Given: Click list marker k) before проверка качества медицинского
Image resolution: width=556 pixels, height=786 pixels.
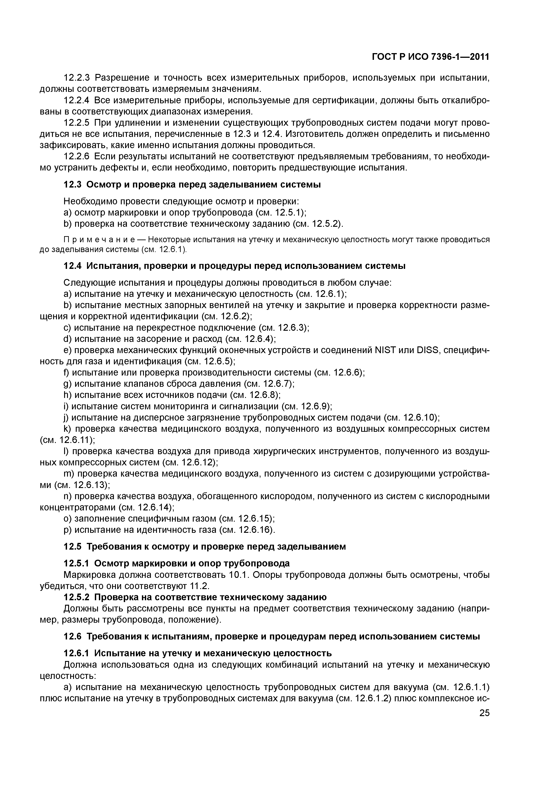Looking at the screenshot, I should pos(67,429).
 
